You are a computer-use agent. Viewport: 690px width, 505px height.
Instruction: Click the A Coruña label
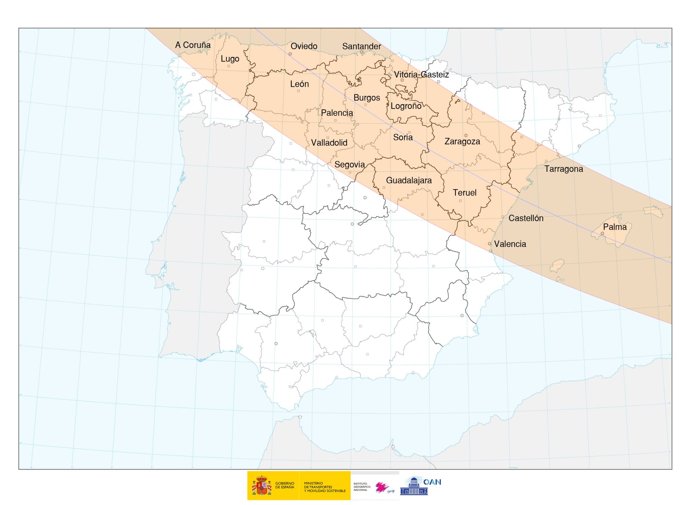click(193, 45)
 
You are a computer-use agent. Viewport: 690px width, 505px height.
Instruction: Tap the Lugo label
click(230, 59)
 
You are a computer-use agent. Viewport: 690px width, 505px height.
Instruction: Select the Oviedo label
click(304, 46)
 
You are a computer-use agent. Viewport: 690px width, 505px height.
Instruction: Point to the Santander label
click(362, 46)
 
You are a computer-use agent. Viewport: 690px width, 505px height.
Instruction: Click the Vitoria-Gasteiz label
click(421, 75)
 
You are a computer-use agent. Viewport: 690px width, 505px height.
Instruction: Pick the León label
click(300, 84)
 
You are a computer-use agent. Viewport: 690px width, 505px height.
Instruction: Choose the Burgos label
click(367, 98)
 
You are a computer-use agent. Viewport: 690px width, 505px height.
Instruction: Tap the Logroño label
click(406, 106)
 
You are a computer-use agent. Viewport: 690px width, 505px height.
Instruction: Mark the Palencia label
click(337, 113)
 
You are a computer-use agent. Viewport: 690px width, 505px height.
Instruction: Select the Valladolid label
click(329, 143)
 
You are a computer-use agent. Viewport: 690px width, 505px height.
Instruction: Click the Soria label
click(403, 137)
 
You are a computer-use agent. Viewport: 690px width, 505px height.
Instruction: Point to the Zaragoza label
click(462, 141)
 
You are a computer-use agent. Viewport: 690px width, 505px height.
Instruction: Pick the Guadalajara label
click(409, 180)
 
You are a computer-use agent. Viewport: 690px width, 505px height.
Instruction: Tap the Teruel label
click(465, 193)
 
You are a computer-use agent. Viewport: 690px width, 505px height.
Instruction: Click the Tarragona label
click(564, 169)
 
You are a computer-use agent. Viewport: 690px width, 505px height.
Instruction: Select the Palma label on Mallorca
click(615, 227)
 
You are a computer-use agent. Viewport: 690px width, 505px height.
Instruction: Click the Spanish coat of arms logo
click(262, 485)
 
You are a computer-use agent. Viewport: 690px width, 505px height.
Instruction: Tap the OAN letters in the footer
click(432, 482)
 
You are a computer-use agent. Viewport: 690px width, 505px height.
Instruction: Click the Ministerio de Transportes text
click(324, 487)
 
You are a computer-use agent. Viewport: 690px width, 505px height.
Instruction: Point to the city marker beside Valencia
click(490, 244)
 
